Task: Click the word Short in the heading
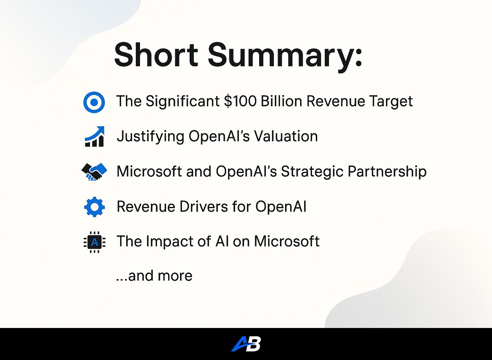click(x=156, y=54)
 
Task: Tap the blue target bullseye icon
click(x=94, y=102)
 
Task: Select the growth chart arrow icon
click(x=94, y=136)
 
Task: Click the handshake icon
click(x=94, y=172)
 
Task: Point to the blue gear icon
click(x=94, y=207)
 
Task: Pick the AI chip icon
click(x=94, y=242)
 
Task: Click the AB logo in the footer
click(x=246, y=344)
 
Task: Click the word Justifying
click(x=151, y=137)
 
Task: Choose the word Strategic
click(x=312, y=172)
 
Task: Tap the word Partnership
click(x=387, y=172)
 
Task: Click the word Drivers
click(x=204, y=207)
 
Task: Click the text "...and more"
click(x=154, y=276)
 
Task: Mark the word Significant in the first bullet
click(x=183, y=102)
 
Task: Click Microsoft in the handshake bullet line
click(x=149, y=171)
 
